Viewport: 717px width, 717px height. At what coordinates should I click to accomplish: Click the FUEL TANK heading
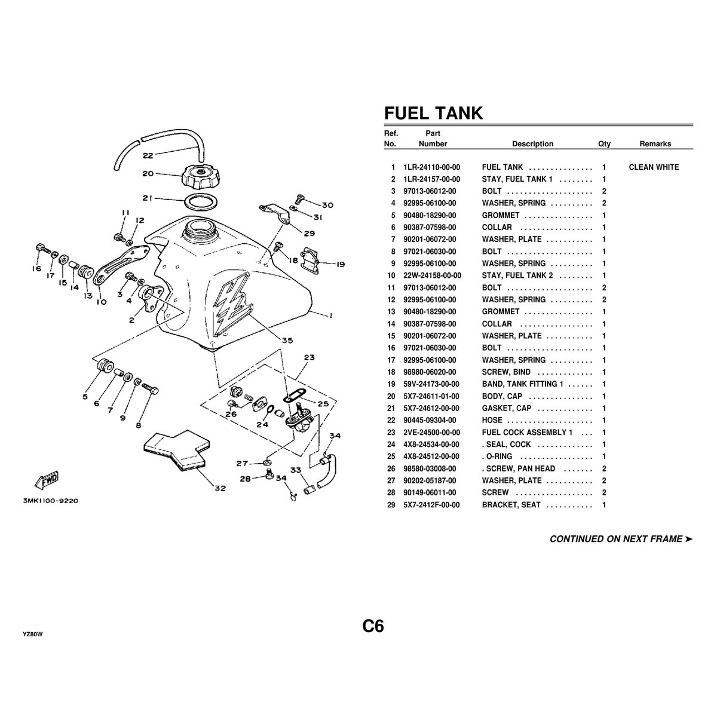click(433, 113)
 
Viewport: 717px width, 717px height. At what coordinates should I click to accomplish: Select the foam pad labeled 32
click(177, 452)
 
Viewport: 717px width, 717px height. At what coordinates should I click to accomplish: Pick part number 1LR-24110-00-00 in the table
click(432, 167)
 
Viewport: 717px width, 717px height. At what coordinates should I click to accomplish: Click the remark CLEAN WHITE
click(654, 167)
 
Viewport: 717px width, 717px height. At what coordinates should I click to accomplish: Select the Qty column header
click(604, 144)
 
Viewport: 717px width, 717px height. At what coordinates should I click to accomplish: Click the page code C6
click(373, 626)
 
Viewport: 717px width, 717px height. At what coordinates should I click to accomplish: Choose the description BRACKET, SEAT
click(511, 505)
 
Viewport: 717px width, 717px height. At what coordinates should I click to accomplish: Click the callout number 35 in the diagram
click(287, 340)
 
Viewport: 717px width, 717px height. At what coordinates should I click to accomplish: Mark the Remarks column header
click(655, 144)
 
